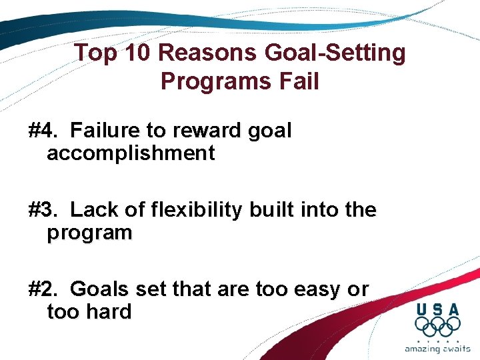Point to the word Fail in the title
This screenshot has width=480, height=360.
pos(297,81)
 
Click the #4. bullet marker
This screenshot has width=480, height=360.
pos(43,131)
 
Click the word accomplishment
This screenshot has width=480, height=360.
pos(131,154)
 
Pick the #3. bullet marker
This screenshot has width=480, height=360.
pos(43,210)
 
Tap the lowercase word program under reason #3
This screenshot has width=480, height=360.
pos(89,234)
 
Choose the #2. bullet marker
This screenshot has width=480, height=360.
pos(43,289)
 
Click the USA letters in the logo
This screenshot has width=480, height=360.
pos(437,309)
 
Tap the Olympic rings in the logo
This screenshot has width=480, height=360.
pos(437,327)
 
